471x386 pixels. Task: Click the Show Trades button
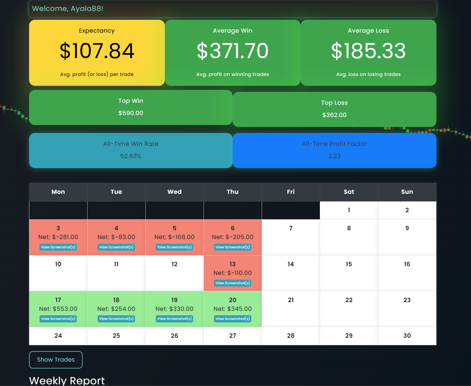tap(56, 360)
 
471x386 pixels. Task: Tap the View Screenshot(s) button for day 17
tap(58, 319)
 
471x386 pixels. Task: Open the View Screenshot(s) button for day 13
tap(233, 283)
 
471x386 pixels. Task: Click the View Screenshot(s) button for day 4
tap(116, 247)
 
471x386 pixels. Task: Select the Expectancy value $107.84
tap(97, 51)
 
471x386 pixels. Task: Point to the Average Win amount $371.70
tap(233, 51)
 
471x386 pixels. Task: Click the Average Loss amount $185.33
tap(368, 51)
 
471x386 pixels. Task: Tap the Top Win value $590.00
tap(131, 113)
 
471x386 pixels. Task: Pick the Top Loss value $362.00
tap(334, 115)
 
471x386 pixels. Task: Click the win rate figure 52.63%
tap(131, 156)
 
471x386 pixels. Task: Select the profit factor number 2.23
tap(334, 156)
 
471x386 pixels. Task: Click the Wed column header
tap(174, 192)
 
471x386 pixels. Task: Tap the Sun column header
tap(407, 192)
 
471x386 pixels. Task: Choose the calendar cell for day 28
tap(291, 336)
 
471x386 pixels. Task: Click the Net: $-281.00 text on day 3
tap(58, 237)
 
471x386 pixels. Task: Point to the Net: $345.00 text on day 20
tap(233, 309)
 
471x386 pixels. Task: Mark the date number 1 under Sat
tap(349, 210)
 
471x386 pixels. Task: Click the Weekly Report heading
tap(67, 381)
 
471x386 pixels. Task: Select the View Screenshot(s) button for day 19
tap(174, 319)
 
